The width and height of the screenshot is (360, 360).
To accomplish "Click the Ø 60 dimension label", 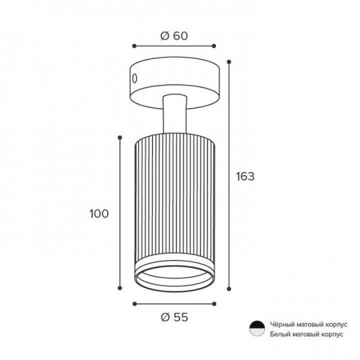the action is click(x=174, y=36).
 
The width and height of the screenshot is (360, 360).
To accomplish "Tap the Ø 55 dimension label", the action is click(x=174, y=318).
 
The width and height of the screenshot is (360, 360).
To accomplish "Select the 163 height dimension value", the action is click(x=245, y=176).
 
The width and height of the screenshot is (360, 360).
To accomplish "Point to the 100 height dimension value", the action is click(x=99, y=214).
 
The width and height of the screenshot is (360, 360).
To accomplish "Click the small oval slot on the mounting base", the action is click(x=135, y=78).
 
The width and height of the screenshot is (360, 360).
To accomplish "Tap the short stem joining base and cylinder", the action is click(x=174, y=114).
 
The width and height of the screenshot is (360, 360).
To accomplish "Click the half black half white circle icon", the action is click(x=257, y=328).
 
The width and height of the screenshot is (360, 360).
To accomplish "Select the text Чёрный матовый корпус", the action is click(x=309, y=325).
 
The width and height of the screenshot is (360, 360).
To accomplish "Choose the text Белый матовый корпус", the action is click(x=307, y=334).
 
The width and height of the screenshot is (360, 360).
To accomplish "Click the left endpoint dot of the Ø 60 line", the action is click(x=135, y=46).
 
